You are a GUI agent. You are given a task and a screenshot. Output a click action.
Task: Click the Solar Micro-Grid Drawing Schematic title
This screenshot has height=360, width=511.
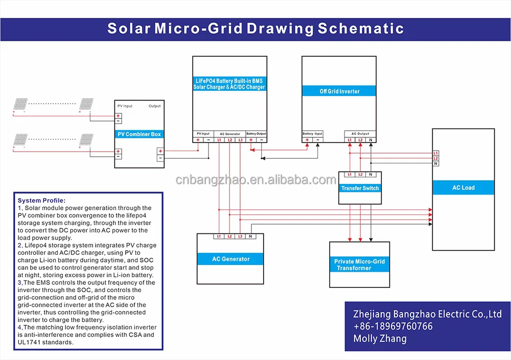click(x=255, y=29)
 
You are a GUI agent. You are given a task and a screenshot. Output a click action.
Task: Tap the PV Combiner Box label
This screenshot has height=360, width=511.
click(x=139, y=134)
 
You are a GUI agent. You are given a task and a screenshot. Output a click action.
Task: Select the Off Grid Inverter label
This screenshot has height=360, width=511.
click(x=339, y=91)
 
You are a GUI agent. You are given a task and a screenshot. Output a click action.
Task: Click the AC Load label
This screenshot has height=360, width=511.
click(x=463, y=188)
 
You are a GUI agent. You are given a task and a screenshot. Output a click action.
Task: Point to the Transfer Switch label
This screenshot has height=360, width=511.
click(x=360, y=188)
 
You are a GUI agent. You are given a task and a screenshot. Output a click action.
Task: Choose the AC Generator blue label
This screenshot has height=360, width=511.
click(x=230, y=259)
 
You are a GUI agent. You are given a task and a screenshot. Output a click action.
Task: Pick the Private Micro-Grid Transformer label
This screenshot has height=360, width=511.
click(x=359, y=265)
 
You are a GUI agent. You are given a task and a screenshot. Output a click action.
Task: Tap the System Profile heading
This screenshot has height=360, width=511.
click(x=41, y=200)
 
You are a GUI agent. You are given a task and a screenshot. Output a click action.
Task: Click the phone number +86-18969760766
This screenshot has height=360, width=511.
click(x=393, y=326)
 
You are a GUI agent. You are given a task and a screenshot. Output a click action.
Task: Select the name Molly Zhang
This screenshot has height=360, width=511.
click(x=380, y=339)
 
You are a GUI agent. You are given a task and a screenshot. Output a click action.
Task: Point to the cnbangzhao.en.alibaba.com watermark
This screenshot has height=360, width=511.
click(x=255, y=180)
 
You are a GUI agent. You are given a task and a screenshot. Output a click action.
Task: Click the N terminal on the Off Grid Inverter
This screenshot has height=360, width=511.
click(x=371, y=139)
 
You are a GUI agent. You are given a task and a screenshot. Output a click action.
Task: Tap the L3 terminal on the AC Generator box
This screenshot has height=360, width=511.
click(x=240, y=236)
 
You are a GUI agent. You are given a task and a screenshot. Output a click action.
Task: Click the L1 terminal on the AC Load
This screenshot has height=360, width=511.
click(x=435, y=153)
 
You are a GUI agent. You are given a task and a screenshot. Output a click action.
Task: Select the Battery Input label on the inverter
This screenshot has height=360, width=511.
click(x=313, y=134)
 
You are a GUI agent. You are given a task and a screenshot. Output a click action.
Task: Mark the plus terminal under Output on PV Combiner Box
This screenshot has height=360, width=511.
click(x=160, y=151)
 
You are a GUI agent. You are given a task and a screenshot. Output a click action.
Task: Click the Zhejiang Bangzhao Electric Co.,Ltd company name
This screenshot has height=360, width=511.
click(x=427, y=314)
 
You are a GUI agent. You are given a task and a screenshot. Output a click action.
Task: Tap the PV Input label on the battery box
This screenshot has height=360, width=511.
click(x=203, y=134)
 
